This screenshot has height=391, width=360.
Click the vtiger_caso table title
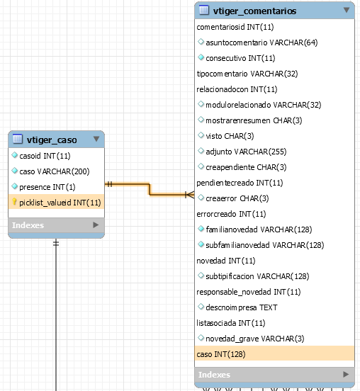(52, 140)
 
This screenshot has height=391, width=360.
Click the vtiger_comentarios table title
(254, 11)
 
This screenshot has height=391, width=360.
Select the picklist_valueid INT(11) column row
(57, 203)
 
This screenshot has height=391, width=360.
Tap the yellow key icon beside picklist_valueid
(14, 201)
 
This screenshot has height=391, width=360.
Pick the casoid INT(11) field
(45, 156)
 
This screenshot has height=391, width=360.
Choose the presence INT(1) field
(47, 187)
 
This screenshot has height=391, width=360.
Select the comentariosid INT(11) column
(235, 27)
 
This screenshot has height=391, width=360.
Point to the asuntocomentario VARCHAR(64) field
(261, 42)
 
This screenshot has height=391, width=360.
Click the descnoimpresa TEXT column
(241, 307)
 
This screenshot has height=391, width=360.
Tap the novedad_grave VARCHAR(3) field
(254, 339)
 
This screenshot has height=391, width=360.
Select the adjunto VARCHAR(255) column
(246, 152)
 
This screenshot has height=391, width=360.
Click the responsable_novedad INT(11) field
(249, 292)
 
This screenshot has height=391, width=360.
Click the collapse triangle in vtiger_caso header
(96, 139)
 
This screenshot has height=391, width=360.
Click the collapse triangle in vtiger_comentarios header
(347, 10)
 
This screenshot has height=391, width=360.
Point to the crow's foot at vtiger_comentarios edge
(190, 195)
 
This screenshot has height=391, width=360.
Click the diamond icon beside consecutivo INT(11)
(201, 57)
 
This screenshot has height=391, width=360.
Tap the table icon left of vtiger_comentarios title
(204, 10)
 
